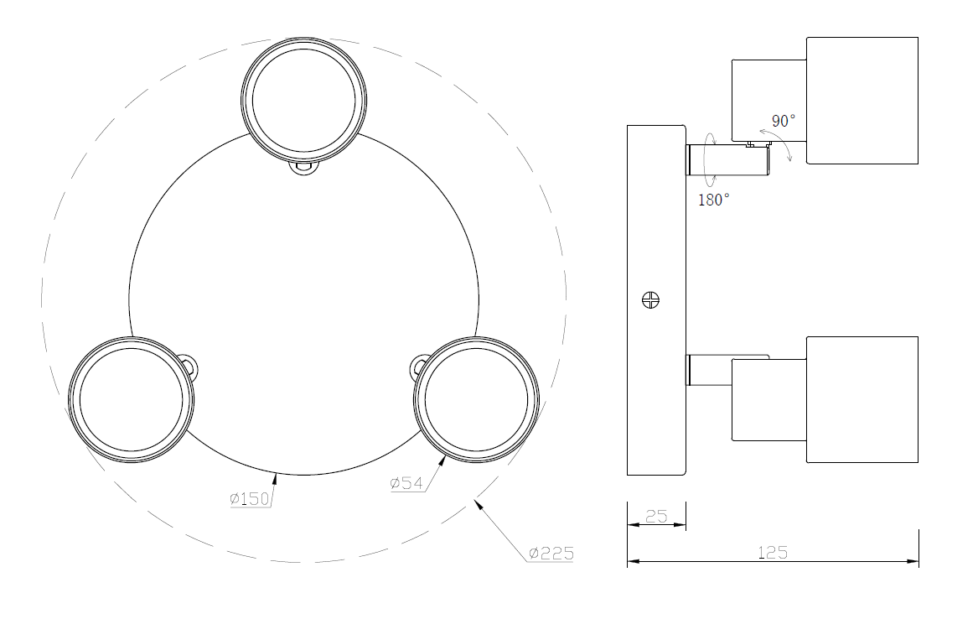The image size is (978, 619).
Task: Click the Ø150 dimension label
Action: pyautogui.click(x=251, y=499)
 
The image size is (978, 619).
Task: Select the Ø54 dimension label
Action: pyautogui.click(x=407, y=483)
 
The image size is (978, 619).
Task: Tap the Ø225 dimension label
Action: pyautogui.click(x=551, y=554)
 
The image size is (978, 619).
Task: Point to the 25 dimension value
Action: pyautogui.click(x=656, y=517)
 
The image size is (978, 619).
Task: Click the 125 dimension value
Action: pyautogui.click(x=773, y=553)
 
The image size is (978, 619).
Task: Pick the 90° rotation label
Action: pyautogui.click(x=784, y=121)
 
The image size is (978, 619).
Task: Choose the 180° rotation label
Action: pyautogui.click(x=714, y=200)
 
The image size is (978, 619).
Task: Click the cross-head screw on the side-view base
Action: pyautogui.click(x=651, y=299)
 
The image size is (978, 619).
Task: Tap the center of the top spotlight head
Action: pyautogui.click(x=303, y=97)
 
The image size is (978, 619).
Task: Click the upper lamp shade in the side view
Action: pyautogui.click(x=862, y=100)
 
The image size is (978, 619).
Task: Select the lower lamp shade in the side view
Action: pyautogui.click(x=862, y=399)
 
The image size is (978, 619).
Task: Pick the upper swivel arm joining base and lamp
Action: pyautogui.click(x=728, y=159)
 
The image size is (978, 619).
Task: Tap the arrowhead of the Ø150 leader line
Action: pyautogui.click(x=275, y=476)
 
